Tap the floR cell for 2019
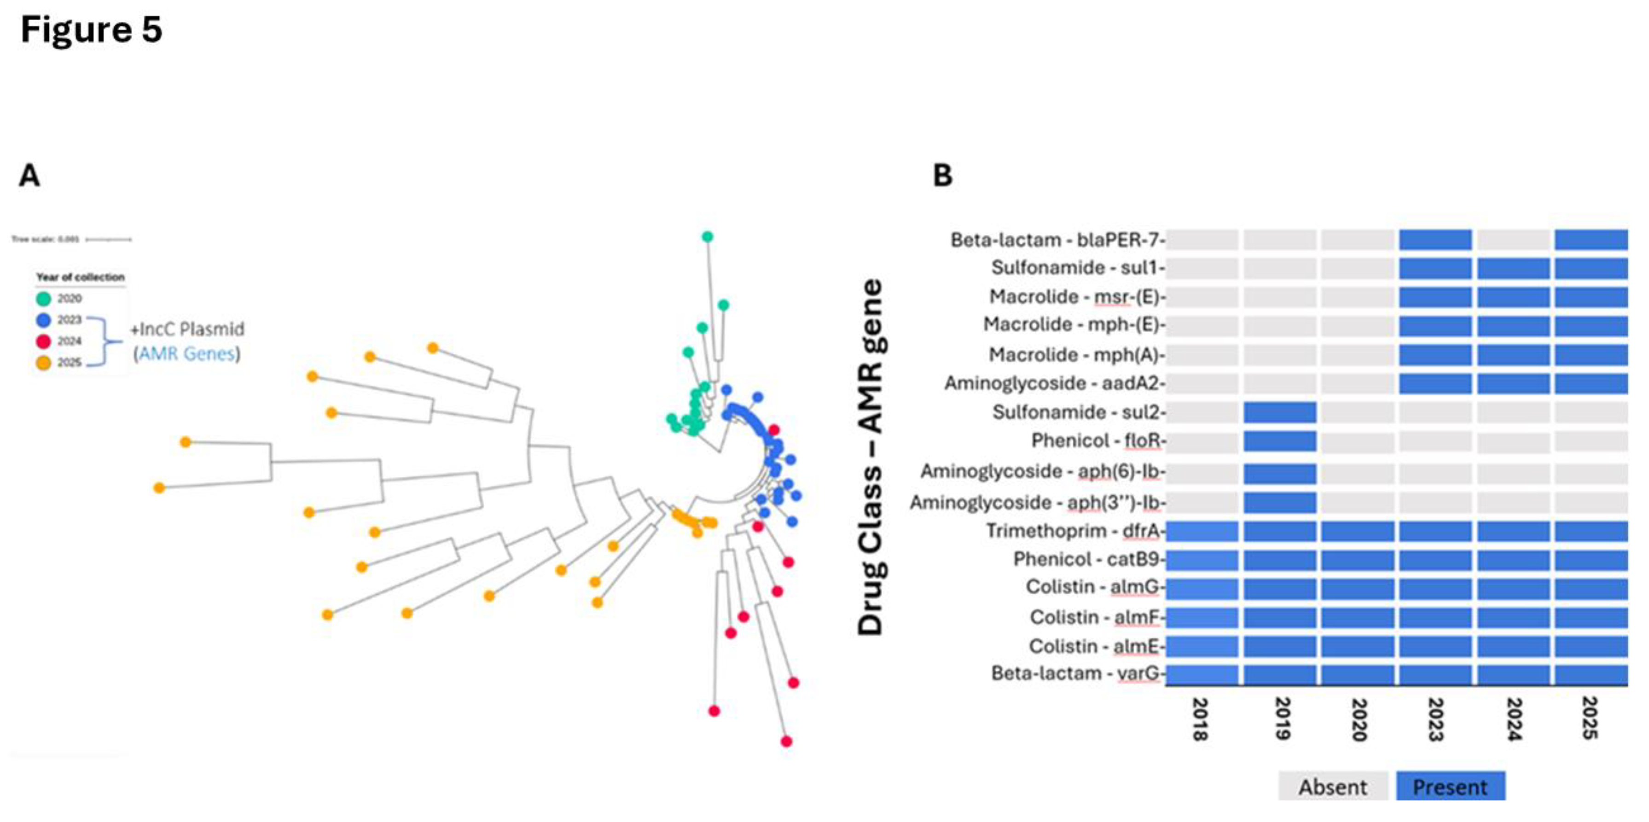(1280, 441)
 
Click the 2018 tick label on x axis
(1200, 719)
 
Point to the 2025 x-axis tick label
(1590, 719)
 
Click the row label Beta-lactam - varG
(1075, 673)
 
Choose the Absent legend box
(1333, 786)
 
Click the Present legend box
(1450, 786)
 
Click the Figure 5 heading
(92, 29)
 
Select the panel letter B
(942, 175)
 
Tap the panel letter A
(29, 175)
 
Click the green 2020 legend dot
(44, 298)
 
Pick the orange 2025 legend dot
(44, 363)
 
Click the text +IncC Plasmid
(187, 329)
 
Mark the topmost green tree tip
(708, 237)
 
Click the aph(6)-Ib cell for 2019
(1280, 473)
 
